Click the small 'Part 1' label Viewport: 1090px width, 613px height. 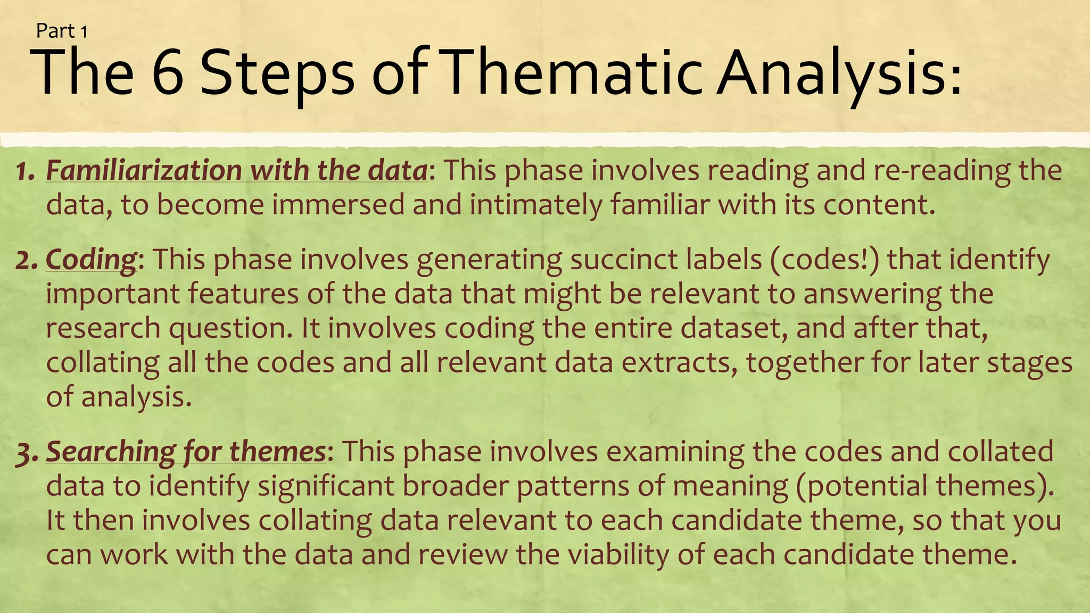coord(61,31)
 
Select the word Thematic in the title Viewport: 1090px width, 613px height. coord(573,73)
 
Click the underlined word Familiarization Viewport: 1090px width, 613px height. coord(144,170)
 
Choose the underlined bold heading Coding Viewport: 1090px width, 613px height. coord(91,260)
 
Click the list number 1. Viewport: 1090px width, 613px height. coord(24,171)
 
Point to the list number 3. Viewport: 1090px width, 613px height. coord(26,453)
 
